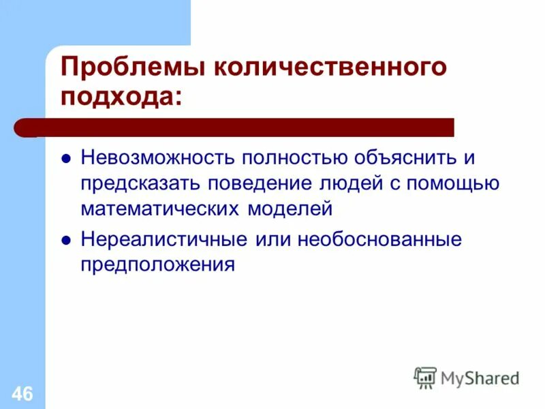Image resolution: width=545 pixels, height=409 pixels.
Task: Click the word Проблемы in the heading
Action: pyautogui.click(x=135, y=69)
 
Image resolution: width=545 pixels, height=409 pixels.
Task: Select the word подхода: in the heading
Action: pyautogui.click(x=122, y=97)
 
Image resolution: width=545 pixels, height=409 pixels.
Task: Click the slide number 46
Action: pyautogui.click(x=22, y=393)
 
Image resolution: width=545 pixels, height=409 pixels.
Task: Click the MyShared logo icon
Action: pyautogui.click(x=426, y=377)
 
